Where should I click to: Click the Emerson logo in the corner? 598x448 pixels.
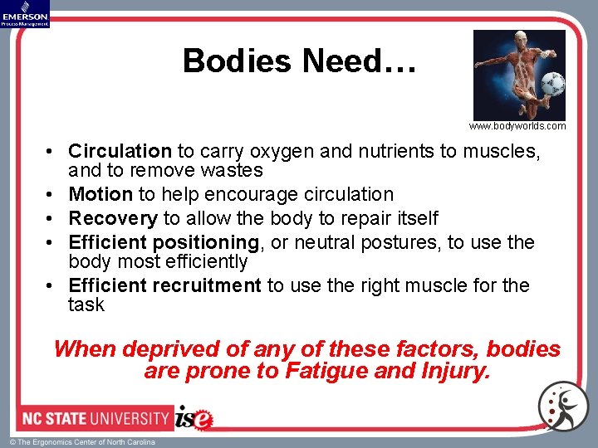coord(25,13)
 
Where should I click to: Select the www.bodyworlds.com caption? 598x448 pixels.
coord(517,126)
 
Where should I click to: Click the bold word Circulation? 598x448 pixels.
coord(120,151)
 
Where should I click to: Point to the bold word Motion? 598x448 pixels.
coord(100,195)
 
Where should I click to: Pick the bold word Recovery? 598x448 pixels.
coord(113,219)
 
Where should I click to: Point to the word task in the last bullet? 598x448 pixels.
coord(86,305)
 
